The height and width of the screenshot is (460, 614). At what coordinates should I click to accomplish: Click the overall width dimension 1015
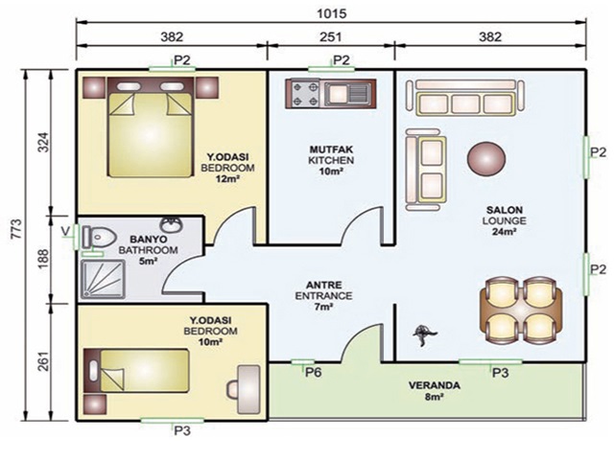[331, 13]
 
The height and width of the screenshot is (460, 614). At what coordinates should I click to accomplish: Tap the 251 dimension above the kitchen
[331, 36]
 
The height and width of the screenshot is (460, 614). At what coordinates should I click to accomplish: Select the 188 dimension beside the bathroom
[42, 258]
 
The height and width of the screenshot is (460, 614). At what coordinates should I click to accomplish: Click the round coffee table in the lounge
[486, 159]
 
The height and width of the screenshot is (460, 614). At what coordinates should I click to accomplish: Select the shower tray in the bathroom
[104, 279]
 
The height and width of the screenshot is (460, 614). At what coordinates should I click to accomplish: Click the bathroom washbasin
[171, 224]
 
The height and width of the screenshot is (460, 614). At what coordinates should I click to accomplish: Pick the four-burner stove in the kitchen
[305, 94]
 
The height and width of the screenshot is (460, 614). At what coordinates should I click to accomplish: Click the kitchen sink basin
[336, 94]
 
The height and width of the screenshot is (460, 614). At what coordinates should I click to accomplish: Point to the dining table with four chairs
[520, 310]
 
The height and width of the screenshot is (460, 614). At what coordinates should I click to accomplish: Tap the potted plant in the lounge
[424, 334]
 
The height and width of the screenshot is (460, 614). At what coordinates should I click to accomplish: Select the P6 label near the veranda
[314, 373]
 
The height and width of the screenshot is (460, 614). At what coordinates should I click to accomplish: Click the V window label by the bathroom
[66, 231]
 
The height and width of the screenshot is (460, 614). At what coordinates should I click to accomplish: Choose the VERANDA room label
[435, 385]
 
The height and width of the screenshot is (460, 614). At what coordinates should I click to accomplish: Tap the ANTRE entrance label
[324, 285]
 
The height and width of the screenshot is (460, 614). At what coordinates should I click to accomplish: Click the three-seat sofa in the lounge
[465, 98]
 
